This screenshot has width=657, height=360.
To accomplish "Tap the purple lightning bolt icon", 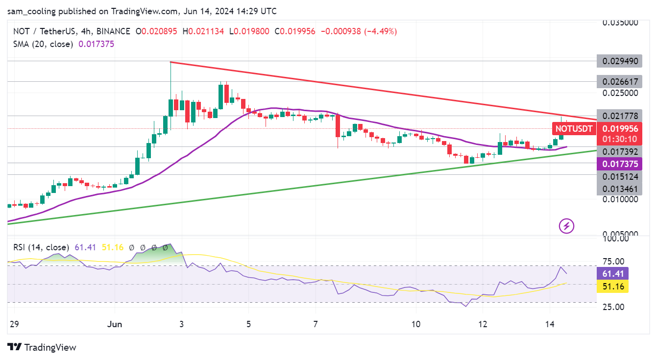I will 567,226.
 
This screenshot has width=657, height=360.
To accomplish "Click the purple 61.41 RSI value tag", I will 612,273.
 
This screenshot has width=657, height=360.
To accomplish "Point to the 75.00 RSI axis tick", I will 612,262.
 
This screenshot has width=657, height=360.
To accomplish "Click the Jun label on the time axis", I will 115,324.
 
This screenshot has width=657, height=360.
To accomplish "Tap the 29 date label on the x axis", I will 14,324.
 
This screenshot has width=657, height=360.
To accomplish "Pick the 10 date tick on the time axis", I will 416,324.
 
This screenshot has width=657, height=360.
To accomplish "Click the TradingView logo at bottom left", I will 42,347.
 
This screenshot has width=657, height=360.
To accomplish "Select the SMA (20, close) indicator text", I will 43,44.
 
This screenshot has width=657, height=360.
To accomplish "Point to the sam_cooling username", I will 34,11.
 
